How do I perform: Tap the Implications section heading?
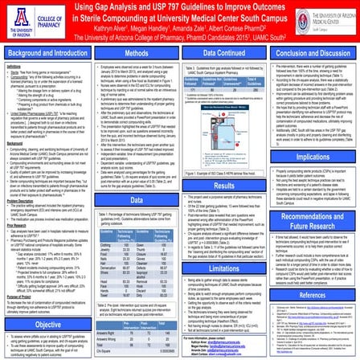point(312,162)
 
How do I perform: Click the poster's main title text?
point(181,14)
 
